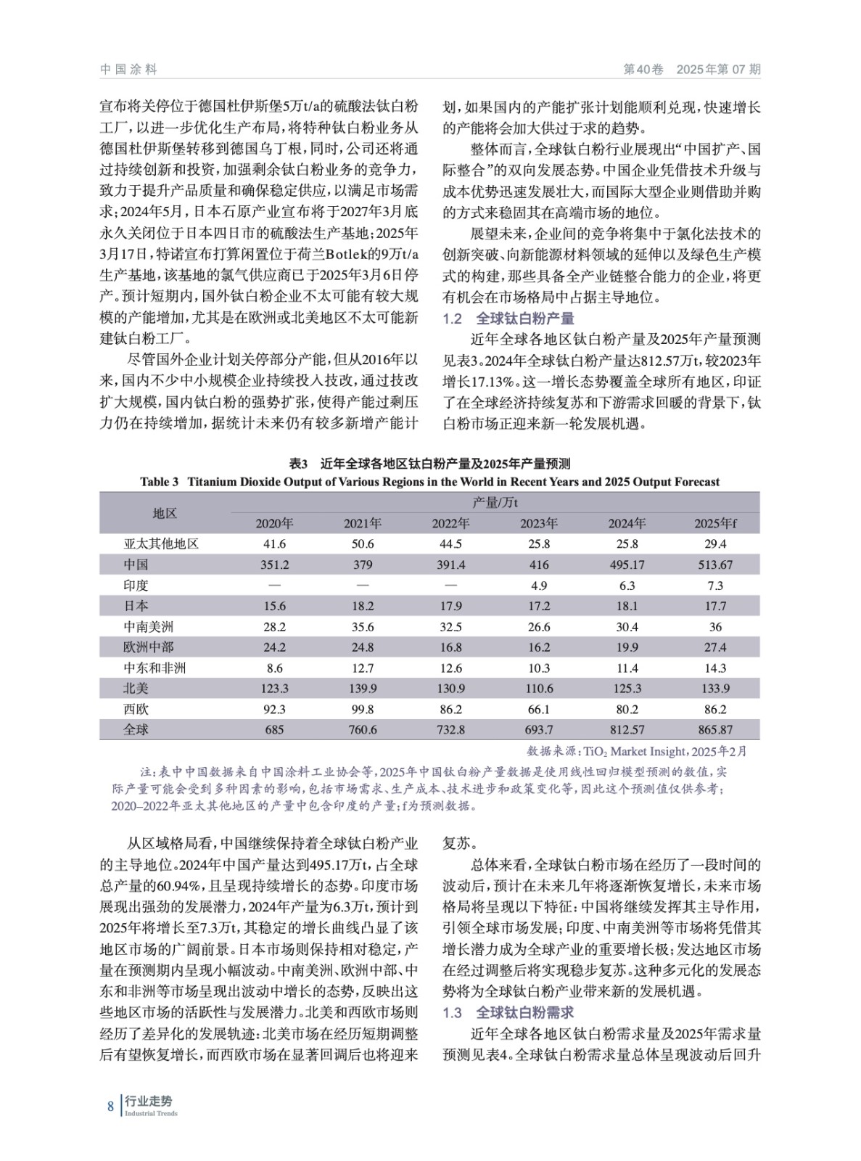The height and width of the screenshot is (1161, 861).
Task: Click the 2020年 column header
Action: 274,523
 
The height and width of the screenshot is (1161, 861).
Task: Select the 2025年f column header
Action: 715,523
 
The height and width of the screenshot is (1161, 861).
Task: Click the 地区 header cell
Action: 165,513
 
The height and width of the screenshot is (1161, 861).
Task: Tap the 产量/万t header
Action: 495,502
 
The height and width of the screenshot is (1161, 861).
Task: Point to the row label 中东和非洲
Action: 155,668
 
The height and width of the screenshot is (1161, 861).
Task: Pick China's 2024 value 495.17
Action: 627,565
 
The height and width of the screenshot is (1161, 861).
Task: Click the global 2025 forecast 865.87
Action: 715,729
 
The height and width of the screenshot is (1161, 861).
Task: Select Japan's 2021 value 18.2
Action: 363,606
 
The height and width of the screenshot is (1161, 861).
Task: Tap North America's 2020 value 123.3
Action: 274,688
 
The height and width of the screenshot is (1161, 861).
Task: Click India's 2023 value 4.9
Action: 539,586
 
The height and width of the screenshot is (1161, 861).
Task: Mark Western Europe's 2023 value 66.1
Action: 539,709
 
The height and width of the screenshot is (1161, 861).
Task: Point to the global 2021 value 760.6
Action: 363,729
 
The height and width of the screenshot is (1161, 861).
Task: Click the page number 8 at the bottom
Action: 110,1107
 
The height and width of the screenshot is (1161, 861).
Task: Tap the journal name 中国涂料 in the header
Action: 128,70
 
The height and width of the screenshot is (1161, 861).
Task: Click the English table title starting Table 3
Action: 429,482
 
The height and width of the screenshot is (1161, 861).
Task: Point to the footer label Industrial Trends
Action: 151,1114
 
